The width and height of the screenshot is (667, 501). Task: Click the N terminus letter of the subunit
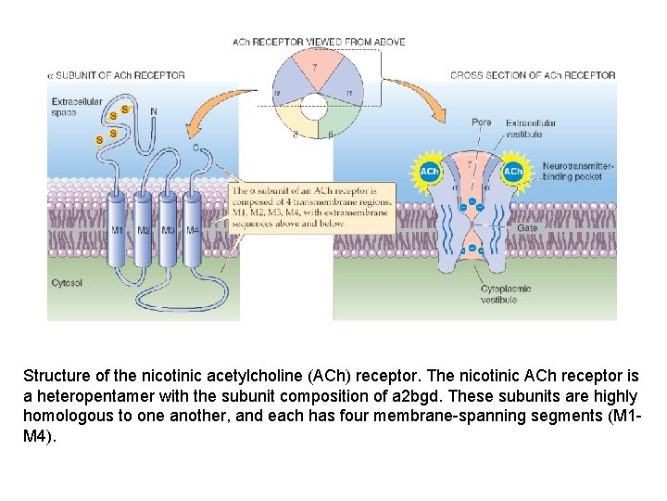click(153, 112)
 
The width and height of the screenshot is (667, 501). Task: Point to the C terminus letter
click(195, 147)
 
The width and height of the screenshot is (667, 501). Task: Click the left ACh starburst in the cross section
click(430, 173)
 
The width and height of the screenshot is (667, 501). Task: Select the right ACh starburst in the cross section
click(512, 173)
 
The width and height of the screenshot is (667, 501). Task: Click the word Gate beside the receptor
click(527, 228)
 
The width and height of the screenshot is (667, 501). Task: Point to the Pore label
click(482, 122)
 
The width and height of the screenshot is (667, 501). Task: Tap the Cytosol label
click(67, 283)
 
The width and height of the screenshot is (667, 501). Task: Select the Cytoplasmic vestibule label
click(506, 294)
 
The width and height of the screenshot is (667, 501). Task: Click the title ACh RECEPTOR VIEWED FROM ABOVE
click(319, 42)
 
